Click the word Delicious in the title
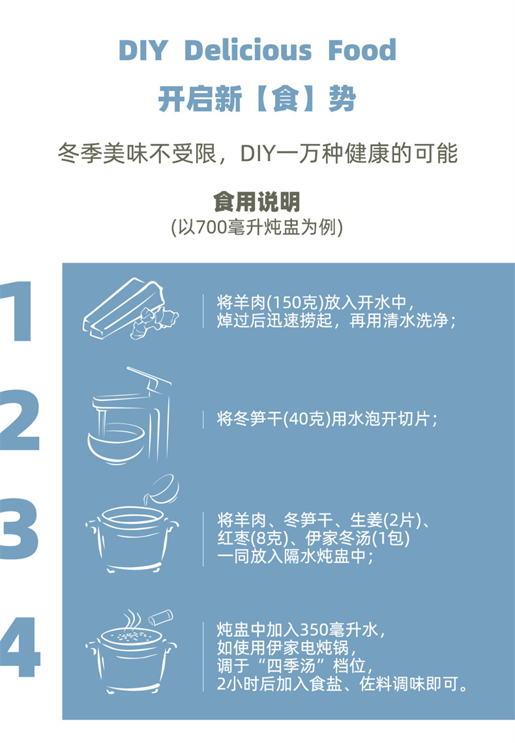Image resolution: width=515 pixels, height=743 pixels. point(248,50)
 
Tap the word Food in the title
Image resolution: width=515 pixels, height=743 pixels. point(362,50)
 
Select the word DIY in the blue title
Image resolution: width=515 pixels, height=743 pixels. point(143,50)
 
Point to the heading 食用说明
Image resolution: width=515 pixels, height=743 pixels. point(257,201)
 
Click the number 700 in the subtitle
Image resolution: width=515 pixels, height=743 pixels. point(211,228)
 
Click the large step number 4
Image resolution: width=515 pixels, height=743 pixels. point(20,647)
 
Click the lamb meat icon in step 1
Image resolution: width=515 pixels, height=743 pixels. point(130,308)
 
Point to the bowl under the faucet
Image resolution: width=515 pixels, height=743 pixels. point(117,444)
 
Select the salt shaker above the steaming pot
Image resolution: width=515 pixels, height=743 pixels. point(160,617)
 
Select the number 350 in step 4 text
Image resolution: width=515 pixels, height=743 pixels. point(315,630)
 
